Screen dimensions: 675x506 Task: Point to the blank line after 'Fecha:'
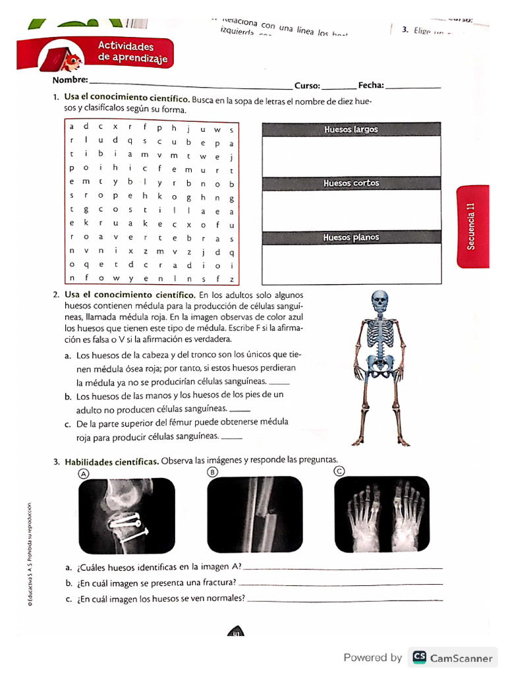[412, 87]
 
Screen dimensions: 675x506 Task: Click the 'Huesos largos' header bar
[351, 129]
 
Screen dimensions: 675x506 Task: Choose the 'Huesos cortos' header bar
[351, 183]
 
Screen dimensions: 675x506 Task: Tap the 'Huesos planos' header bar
[351, 237]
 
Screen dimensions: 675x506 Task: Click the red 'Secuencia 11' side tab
[471, 227]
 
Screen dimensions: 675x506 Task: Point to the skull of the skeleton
[380, 301]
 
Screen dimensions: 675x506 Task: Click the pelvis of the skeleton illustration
[380, 359]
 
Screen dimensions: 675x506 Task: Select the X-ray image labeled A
[126, 515]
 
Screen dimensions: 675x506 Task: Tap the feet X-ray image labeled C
[381, 515]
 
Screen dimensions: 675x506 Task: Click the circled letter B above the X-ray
[212, 472]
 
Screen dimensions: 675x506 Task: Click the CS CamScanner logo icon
[418, 657]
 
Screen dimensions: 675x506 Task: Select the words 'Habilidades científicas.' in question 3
[111, 461]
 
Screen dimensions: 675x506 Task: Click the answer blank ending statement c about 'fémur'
[232, 438]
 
